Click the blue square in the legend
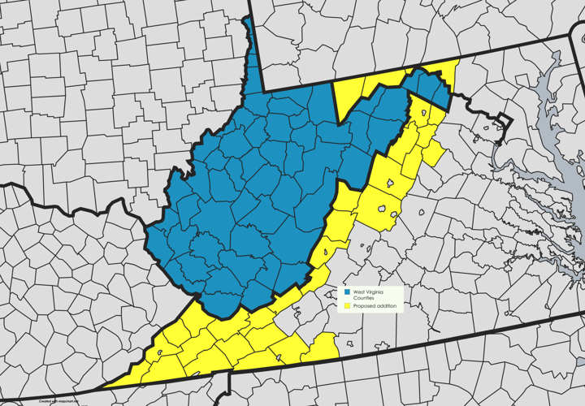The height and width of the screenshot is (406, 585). (347, 292)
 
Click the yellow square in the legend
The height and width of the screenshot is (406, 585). (347, 306)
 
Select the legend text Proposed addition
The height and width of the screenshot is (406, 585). (375, 306)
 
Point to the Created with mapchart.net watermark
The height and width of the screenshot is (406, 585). (58, 400)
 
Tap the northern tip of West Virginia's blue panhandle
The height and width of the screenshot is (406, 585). (248, 18)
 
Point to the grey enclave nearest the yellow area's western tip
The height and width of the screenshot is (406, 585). (158, 353)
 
